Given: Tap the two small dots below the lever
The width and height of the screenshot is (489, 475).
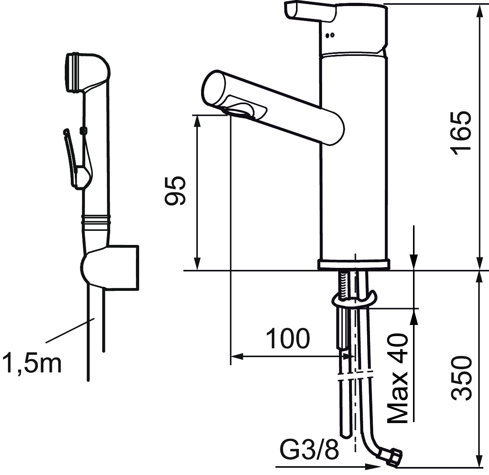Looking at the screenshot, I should [x=331, y=35].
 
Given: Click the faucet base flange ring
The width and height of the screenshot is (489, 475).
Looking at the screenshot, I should [x=354, y=265].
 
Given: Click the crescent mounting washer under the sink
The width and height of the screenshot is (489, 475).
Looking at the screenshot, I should [x=354, y=300].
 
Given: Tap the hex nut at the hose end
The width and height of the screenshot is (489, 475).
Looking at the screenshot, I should [x=392, y=456].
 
